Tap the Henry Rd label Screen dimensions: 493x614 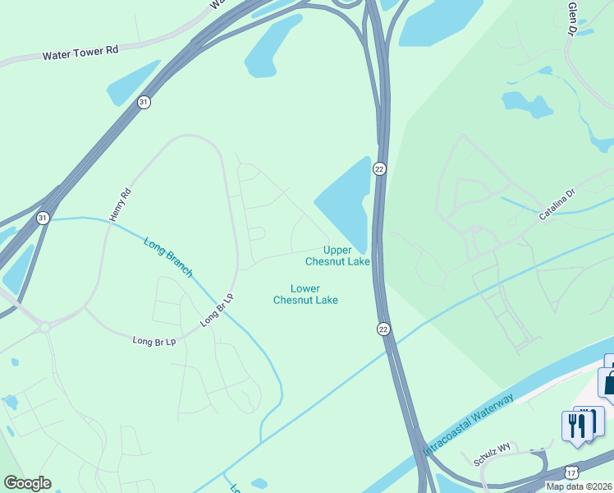click(x=120, y=205)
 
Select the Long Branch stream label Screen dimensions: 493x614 click(x=168, y=257)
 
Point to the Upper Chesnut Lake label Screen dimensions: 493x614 click(x=337, y=256)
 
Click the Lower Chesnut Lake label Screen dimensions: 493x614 click(x=305, y=294)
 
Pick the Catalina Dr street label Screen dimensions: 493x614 click(x=559, y=203)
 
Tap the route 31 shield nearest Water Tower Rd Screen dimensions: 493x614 click(x=144, y=102)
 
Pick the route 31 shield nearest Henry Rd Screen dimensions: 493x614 click(x=43, y=218)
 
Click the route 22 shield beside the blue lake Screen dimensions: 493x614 click(x=379, y=168)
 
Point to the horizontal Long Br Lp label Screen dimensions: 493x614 click(x=154, y=340)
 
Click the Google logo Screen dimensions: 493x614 click(x=27, y=483)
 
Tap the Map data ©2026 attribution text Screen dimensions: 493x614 click(x=579, y=486)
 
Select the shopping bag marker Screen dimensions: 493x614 click(x=609, y=381)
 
